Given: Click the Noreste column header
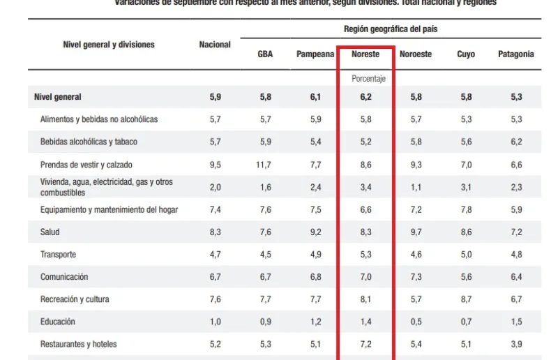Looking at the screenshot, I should click(365, 54).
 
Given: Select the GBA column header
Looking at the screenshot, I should click(265, 54).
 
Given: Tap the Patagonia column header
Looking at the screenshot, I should click(515, 54).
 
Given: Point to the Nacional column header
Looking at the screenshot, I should click(215, 45).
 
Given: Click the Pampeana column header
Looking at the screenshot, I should click(315, 54).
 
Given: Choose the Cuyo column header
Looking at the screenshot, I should click(466, 54).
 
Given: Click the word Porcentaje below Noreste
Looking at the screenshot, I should click(368, 79).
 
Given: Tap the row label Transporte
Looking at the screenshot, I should click(58, 255).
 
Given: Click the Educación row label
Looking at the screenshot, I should click(57, 322).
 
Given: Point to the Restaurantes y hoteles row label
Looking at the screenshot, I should click(78, 344).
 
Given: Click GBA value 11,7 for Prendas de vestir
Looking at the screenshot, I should click(265, 165).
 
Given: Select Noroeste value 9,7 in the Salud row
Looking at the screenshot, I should click(416, 232).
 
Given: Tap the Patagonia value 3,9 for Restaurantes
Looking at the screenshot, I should click(515, 344).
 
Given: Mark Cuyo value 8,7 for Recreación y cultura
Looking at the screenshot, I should click(466, 299).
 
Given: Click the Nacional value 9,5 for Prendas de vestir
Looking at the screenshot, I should click(215, 165).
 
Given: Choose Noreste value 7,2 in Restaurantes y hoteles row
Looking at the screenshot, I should click(365, 344).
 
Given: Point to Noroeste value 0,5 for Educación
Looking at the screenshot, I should click(416, 322).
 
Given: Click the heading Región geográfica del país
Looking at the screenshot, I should click(391, 29).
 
